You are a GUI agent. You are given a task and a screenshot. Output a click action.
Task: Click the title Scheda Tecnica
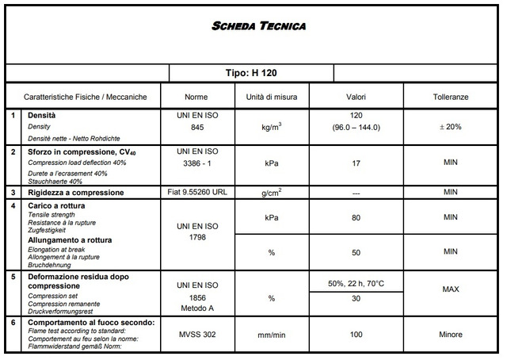coord(258,26)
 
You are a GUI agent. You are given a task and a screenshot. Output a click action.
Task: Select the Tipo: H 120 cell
coord(251,72)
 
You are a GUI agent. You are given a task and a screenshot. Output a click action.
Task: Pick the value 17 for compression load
coord(356,163)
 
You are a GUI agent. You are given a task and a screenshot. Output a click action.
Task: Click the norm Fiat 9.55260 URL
coord(196,193)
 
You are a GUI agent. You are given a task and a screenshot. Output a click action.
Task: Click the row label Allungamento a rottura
coord(70,239)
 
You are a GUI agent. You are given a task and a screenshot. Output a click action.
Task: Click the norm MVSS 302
coord(196,335)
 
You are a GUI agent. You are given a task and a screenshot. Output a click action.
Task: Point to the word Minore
coord(451,335)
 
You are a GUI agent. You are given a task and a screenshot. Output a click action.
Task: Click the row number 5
coord(13,277)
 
